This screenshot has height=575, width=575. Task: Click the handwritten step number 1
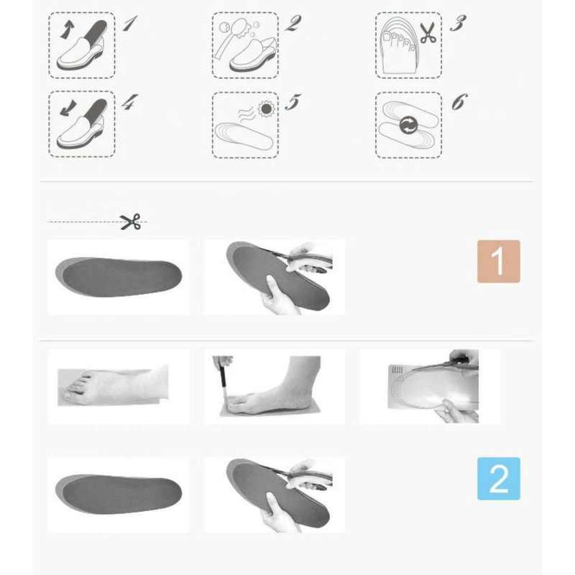pyautogui.click(x=129, y=23)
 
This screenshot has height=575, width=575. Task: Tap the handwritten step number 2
pyautogui.click(x=293, y=23)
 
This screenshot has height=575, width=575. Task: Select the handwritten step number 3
pyautogui.click(x=458, y=23)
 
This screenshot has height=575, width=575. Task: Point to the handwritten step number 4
pyautogui.click(x=129, y=102)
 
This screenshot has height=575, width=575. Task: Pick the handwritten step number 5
pyautogui.click(x=293, y=102)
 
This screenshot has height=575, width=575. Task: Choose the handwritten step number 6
pyautogui.click(x=459, y=102)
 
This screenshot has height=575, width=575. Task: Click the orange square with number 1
pyautogui.click(x=498, y=262)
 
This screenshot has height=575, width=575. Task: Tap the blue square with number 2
pyautogui.click(x=498, y=479)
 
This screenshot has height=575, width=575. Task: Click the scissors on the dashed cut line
pyautogui.click(x=131, y=222)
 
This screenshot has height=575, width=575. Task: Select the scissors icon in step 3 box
pyautogui.click(x=428, y=32)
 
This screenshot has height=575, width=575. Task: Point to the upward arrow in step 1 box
pyautogui.click(x=66, y=29)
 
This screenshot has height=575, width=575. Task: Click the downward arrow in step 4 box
pyautogui.click(x=68, y=109)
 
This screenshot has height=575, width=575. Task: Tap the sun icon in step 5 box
pyautogui.click(x=266, y=109)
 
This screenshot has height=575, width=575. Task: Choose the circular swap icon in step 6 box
pyautogui.click(x=408, y=125)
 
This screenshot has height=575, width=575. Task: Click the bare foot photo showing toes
pyautogui.click(x=113, y=386)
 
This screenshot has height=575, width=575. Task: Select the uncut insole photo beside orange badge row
pyautogui.click(x=119, y=277)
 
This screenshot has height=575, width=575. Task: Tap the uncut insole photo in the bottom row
pyautogui.click(x=119, y=494)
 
